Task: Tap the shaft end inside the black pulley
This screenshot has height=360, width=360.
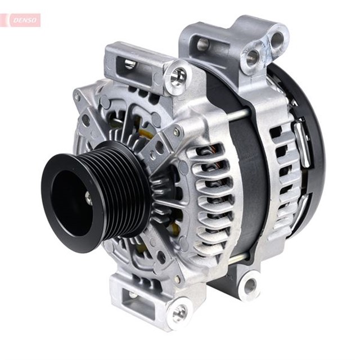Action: [x=88, y=198]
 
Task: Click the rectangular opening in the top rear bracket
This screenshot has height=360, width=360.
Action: [x=202, y=43]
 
